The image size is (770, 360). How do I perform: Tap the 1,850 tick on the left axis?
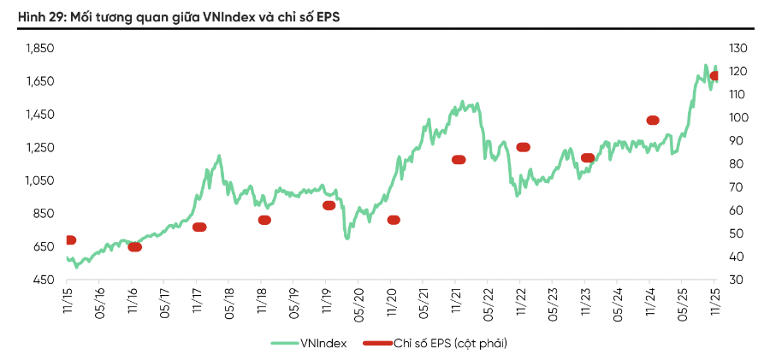click(40, 48)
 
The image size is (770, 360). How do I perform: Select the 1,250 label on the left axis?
click(40, 147)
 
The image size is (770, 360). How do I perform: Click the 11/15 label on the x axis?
click(67, 303)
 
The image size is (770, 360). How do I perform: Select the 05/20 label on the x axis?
click(358, 303)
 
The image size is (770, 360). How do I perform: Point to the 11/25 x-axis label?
click(715, 303)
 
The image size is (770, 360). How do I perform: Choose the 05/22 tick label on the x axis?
click(488, 303)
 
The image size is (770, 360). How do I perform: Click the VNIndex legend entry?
click(309, 343)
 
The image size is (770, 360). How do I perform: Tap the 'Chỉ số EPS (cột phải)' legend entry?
click(436, 343)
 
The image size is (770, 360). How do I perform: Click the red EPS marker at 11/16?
click(134, 247)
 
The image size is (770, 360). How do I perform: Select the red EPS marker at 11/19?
click(329, 205)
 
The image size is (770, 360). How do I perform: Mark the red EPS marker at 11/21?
click(459, 160)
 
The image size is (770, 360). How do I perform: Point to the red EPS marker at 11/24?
click(653, 121)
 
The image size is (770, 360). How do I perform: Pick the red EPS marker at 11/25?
click(715, 76)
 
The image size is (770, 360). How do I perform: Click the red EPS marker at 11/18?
click(264, 220)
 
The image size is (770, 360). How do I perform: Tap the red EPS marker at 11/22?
click(523, 147)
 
